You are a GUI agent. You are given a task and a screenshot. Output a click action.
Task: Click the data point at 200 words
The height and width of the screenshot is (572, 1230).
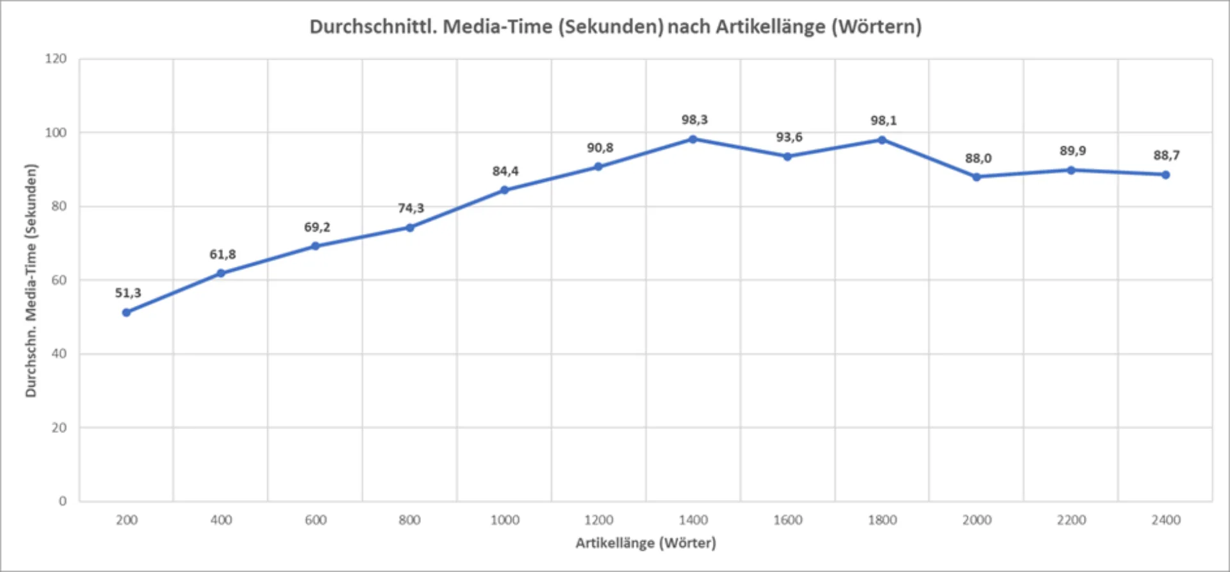coord(126,312)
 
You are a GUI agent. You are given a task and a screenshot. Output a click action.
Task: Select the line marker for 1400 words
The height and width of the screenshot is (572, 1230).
coord(693,139)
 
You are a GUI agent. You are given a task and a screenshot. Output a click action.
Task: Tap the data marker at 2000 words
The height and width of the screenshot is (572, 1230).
coord(976,177)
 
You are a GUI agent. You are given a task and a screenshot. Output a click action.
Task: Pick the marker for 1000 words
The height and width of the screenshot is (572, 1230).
coord(504,190)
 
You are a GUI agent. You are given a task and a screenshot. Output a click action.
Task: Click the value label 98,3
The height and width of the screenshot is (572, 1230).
coord(694,120)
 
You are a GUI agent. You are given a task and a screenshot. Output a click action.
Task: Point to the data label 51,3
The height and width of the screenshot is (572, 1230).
coord(128,293)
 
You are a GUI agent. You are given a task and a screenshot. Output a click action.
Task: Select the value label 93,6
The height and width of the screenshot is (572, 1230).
coord(789,137)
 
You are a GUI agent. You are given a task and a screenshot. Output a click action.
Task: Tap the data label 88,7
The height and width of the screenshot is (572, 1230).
coord(1167,155)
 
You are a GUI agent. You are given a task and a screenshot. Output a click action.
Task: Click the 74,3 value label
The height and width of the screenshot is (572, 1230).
coord(411,208)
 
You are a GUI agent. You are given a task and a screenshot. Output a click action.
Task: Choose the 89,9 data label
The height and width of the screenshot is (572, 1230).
coord(1072,151)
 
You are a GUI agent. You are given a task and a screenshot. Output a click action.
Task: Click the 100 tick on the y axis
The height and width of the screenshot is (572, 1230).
coord(56,133)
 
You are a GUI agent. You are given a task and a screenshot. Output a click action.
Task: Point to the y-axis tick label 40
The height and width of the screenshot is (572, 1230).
coord(59,354)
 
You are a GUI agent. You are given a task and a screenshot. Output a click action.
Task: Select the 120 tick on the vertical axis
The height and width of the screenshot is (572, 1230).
coord(56,59)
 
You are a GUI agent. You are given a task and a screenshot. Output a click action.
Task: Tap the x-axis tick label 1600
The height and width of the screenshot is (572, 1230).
coord(787,520)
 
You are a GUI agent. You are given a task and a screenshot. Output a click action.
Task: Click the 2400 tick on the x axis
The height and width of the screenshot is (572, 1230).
coord(1166,520)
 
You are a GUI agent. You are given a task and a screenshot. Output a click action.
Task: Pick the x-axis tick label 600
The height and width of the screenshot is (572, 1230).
coord(316,520)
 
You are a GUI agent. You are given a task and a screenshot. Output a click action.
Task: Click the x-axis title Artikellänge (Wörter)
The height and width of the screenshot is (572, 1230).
coord(646,543)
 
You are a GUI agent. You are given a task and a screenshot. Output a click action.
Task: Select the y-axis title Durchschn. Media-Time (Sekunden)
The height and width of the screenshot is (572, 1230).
coord(31,280)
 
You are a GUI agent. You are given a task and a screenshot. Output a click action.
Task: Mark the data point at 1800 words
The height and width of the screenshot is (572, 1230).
coord(882,140)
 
